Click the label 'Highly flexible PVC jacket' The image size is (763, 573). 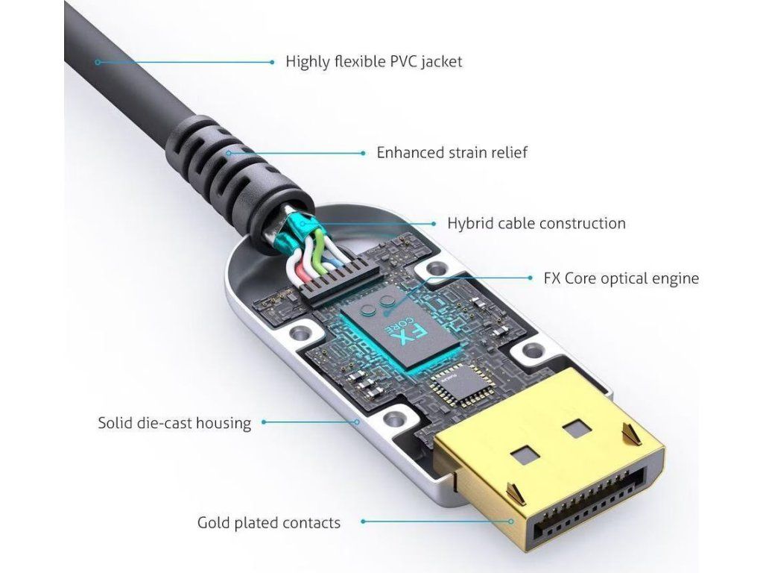pyautogui.click(x=373, y=61)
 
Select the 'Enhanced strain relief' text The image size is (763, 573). pyautogui.click(x=452, y=153)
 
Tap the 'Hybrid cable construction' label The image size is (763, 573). pyautogui.click(x=536, y=223)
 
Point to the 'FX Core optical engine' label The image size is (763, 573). pyautogui.click(x=621, y=279)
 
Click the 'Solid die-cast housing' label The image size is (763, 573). pyautogui.click(x=174, y=423)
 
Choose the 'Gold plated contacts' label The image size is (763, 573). pyautogui.click(x=268, y=523)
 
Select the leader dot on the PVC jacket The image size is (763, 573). pyautogui.click(x=97, y=62)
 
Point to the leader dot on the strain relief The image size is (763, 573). pyautogui.click(x=227, y=153)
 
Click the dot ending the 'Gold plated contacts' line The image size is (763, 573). pyautogui.click(x=513, y=522)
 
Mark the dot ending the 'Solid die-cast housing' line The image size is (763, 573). pyautogui.click(x=358, y=423)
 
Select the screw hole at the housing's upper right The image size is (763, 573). pyautogui.click(x=434, y=270)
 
